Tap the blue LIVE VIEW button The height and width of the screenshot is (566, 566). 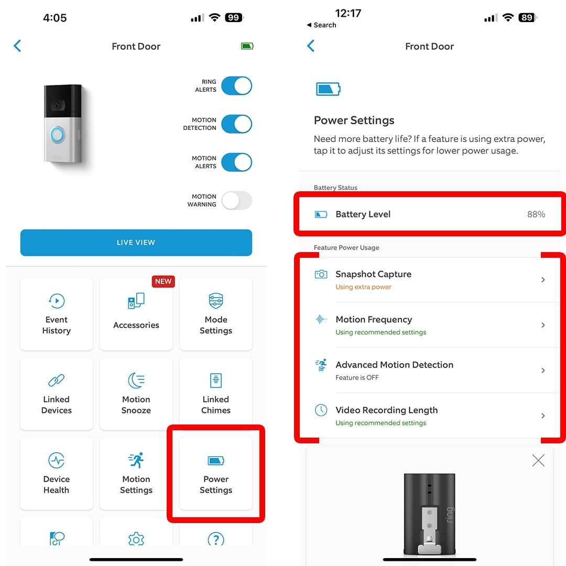[x=136, y=243]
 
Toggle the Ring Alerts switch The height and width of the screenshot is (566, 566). [x=236, y=86]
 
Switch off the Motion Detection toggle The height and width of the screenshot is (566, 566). [x=236, y=124]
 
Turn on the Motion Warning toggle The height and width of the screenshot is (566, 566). [x=236, y=200]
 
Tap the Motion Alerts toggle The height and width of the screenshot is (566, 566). [x=236, y=162]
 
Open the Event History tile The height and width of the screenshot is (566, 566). [x=57, y=314]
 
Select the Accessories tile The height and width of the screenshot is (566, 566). [x=136, y=314]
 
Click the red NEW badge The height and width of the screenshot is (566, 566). [x=163, y=281]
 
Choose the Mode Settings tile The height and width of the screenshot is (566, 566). [x=216, y=314]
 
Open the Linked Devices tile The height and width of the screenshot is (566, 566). [x=57, y=394]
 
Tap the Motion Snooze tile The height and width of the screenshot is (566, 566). [x=136, y=394]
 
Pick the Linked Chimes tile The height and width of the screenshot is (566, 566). [x=216, y=394]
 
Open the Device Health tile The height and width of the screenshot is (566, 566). [x=57, y=474]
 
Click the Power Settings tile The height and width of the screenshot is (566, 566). [x=216, y=474]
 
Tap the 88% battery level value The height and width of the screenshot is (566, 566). [x=536, y=214]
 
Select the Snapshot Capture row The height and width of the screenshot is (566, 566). [x=430, y=279]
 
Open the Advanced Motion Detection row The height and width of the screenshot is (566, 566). [x=430, y=370]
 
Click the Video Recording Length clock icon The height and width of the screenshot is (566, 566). [x=321, y=410]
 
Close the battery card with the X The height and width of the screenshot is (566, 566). [x=538, y=461]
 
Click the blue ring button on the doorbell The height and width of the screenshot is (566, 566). [x=57, y=135]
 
